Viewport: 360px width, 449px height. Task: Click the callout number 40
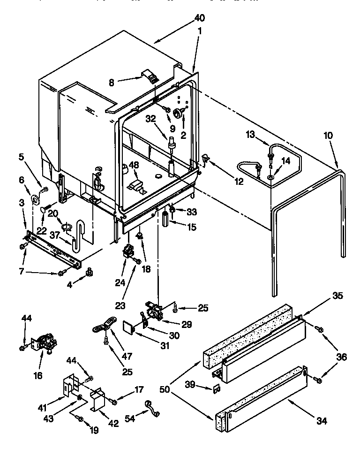click(199, 18)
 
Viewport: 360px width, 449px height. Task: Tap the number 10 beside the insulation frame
click(328, 135)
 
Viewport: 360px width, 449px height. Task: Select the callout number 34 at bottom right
click(321, 420)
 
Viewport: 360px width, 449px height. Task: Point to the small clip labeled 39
click(217, 388)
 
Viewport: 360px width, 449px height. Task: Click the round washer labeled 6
click(35, 200)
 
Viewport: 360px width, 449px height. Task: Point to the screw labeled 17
click(114, 401)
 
